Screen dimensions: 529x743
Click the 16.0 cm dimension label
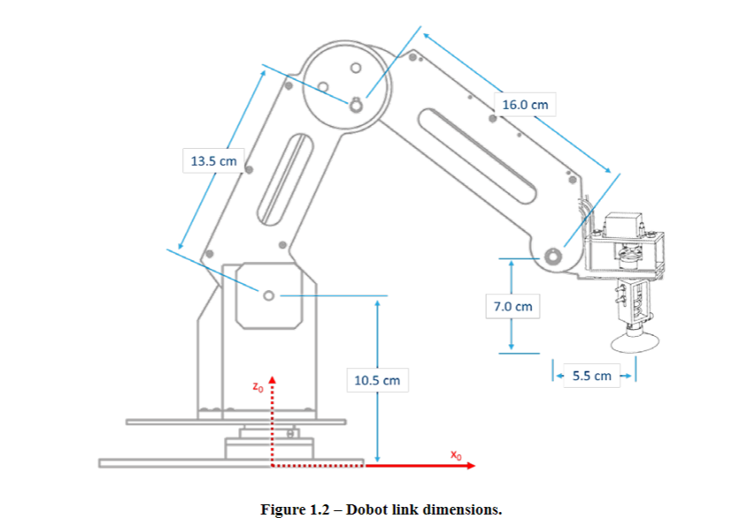click(x=524, y=105)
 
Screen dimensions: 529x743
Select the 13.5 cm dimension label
click(x=213, y=160)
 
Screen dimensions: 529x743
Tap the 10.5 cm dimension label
click(x=377, y=380)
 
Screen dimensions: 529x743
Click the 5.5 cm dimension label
click(x=592, y=375)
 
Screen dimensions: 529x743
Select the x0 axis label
click(x=456, y=456)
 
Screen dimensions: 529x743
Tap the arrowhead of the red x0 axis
click(x=471, y=466)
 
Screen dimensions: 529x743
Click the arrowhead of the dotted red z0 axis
click(x=272, y=379)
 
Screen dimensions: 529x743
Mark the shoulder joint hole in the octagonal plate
click(x=269, y=295)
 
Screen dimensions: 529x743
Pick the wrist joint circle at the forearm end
click(x=552, y=254)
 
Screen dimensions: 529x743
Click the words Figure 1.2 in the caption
click(x=294, y=509)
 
